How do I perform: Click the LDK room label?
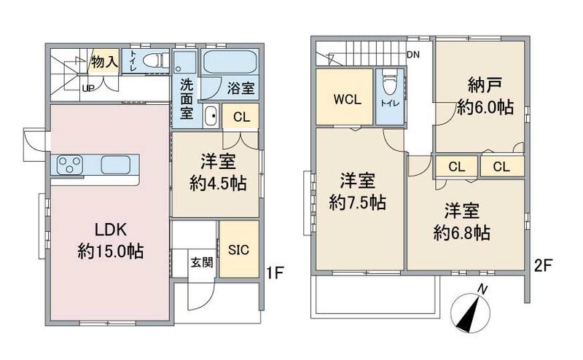click(x=111, y=230)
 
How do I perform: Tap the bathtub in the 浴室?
click(x=230, y=62)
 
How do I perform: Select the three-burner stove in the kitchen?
click(x=70, y=165)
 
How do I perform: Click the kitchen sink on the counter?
click(x=116, y=165)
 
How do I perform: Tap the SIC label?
click(x=238, y=249)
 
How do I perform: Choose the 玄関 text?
click(x=202, y=262)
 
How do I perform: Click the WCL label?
click(x=348, y=99)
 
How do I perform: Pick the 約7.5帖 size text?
click(x=358, y=203)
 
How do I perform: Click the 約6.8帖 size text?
click(x=461, y=233)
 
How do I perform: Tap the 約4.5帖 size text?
click(x=218, y=184)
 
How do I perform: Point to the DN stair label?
click(x=412, y=55)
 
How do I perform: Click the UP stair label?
click(x=87, y=87)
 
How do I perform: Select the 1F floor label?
click(x=275, y=273)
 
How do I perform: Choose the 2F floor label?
click(x=543, y=265)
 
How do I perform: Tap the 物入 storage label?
click(x=104, y=61)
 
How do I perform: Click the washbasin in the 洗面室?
click(x=211, y=116)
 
